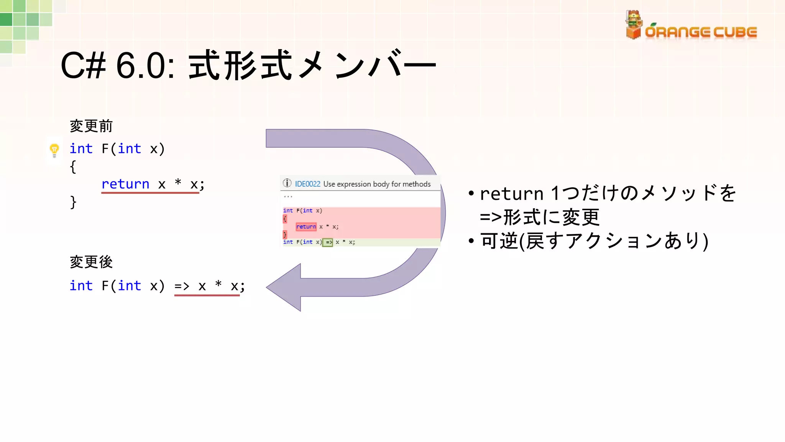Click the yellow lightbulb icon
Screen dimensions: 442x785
54,150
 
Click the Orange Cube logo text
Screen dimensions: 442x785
701,32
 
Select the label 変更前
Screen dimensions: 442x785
91,126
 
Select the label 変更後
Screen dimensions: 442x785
91,262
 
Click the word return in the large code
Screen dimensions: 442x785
125,184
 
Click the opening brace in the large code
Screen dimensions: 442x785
73,167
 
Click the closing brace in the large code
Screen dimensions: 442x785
73,202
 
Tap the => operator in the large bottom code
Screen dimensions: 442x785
182,286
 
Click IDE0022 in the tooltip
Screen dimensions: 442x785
307,184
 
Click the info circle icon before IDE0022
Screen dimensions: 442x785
287,183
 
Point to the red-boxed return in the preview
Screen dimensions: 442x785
306,227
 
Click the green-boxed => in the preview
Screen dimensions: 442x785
328,242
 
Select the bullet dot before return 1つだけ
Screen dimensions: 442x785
471,193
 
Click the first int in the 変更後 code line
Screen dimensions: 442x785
81,286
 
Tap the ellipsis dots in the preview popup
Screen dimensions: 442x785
288,197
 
